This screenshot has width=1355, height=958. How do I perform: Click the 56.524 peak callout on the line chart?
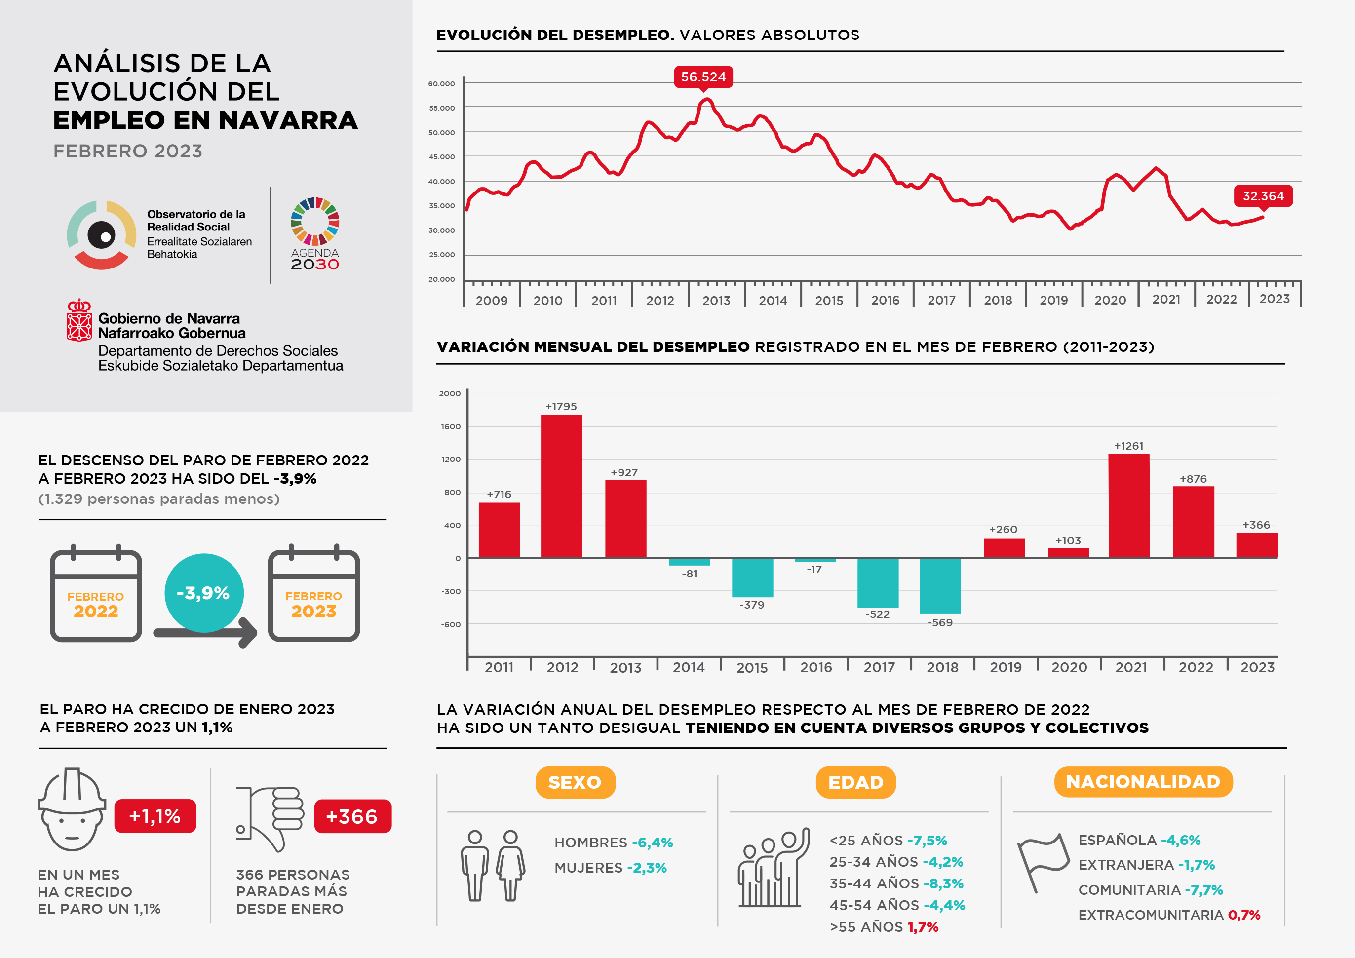(x=703, y=77)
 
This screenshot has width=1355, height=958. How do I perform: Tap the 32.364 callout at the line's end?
(x=1263, y=196)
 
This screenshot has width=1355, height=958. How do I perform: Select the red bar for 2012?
(x=561, y=486)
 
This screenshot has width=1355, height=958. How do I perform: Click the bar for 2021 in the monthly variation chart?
(x=1128, y=505)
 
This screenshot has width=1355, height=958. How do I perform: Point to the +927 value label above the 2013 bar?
(x=624, y=472)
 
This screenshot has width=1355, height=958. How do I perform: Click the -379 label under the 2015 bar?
(x=752, y=605)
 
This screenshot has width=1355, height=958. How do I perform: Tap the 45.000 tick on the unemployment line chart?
(x=441, y=157)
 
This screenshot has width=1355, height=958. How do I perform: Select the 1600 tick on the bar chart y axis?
(x=451, y=426)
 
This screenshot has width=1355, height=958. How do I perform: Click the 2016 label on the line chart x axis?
(x=885, y=300)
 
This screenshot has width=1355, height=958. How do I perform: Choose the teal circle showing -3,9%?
(x=203, y=592)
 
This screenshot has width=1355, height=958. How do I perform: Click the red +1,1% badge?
(x=155, y=816)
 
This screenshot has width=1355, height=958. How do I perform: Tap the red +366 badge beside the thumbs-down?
(x=352, y=816)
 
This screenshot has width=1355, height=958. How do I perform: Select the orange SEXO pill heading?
(x=575, y=782)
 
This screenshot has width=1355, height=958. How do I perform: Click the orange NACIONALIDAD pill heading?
(x=1143, y=782)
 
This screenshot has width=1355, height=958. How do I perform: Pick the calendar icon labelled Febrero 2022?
(x=96, y=595)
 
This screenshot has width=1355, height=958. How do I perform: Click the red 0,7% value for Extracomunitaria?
(x=1244, y=915)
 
